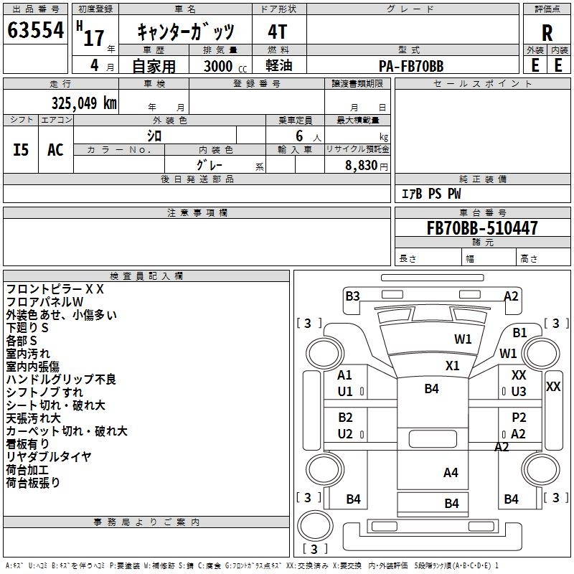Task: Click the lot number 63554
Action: (35, 30)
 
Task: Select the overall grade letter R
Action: (547, 33)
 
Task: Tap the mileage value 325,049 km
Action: (84, 103)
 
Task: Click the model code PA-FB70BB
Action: (411, 66)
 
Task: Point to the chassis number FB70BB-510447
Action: (482, 227)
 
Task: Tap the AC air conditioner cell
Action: (55, 150)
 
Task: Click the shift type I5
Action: (21, 150)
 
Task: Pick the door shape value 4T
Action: (277, 32)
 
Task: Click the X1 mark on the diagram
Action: (453, 365)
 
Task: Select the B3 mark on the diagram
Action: (352, 296)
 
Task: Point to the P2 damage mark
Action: (519, 417)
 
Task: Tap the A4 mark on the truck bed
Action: (451, 473)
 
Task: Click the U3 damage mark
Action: (519, 391)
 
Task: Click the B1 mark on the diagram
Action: (519, 332)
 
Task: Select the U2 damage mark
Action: (345, 434)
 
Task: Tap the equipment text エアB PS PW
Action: (431, 193)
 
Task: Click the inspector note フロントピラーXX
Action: (55, 289)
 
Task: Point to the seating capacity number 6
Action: (299, 136)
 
